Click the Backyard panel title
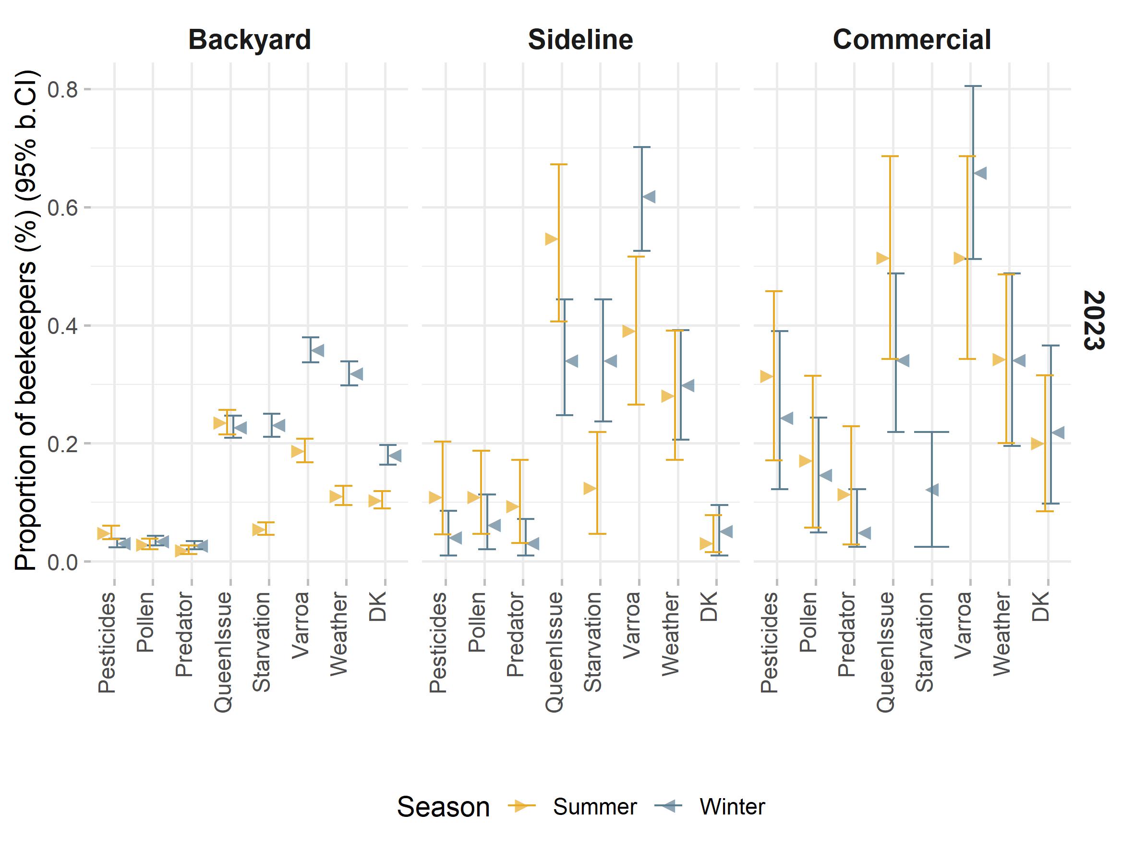[x=250, y=39]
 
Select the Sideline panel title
[x=580, y=39]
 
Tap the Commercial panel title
[x=912, y=39]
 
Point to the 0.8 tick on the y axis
[x=62, y=89]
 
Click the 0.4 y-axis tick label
[x=62, y=326]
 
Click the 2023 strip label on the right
[x=1094, y=321]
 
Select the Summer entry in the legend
[x=594, y=807]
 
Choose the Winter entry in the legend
[x=732, y=807]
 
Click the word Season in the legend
[x=443, y=807]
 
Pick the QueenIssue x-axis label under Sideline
[x=554, y=652]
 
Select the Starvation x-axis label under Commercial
[x=924, y=641]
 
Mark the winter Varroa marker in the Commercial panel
[x=980, y=173]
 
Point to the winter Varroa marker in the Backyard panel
[x=317, y=351]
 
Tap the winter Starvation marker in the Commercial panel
[x=932, y=490]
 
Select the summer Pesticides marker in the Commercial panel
[x=766, y=377]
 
